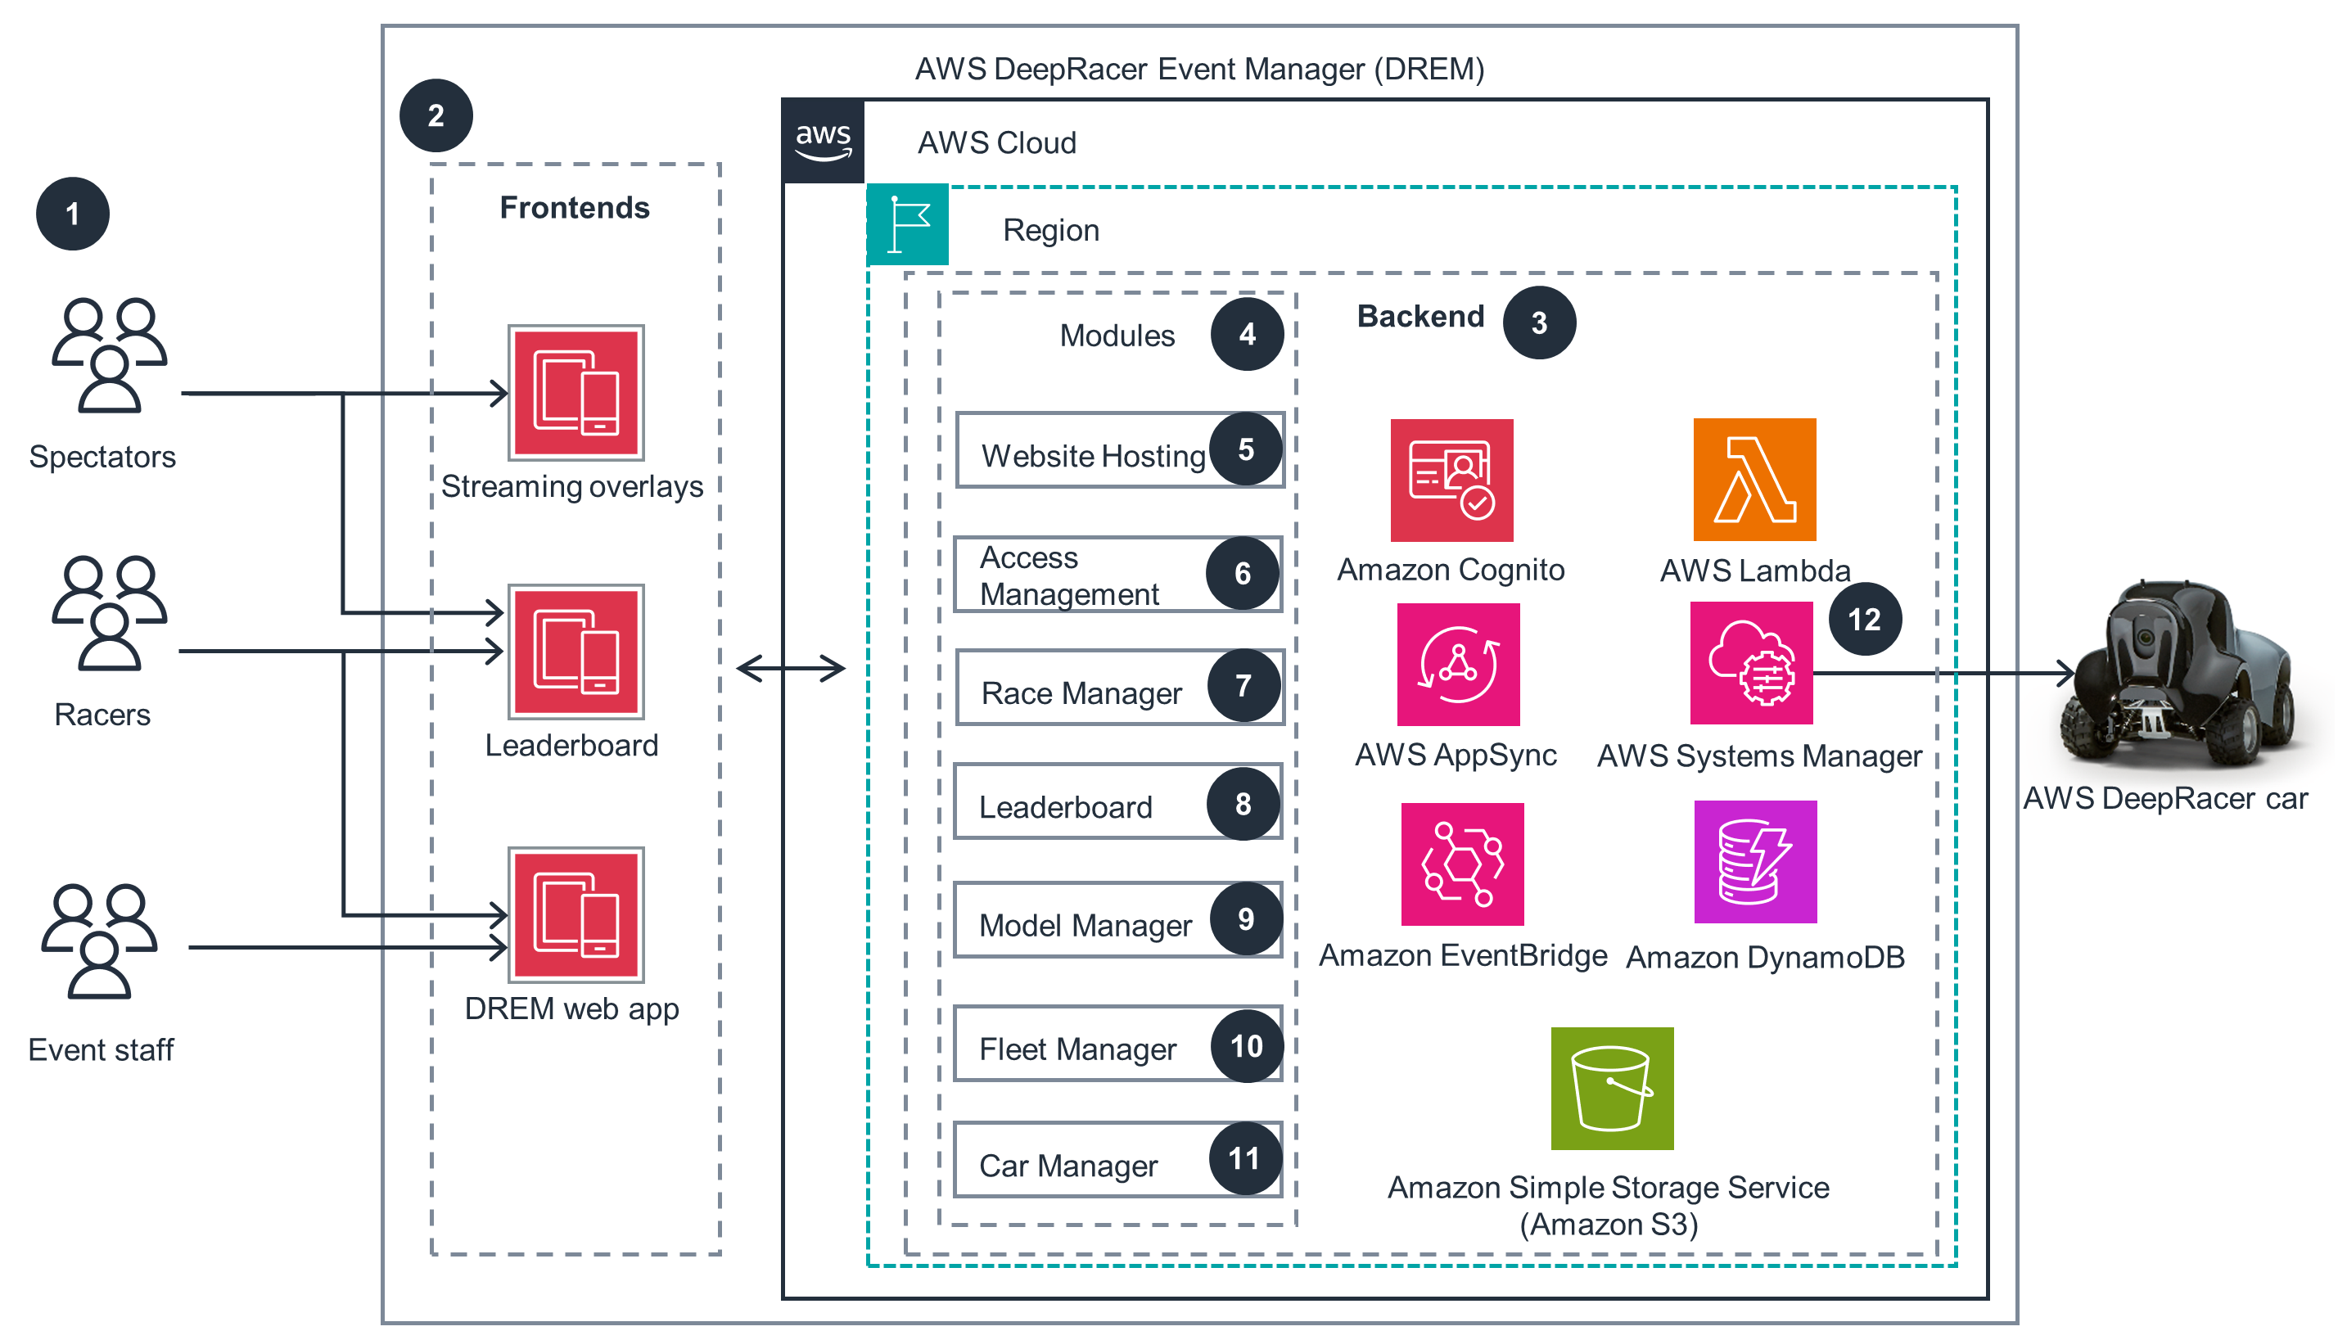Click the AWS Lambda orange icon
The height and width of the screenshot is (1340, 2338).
[1753, 480]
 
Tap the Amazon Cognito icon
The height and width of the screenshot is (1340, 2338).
[1451, 480]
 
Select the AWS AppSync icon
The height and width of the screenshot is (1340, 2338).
[1457, 665]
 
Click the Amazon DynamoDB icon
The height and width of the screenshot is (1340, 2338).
[1754, 862]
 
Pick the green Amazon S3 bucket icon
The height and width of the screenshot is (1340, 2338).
[1611, 1089]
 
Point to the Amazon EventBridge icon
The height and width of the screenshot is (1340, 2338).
[1461, 864]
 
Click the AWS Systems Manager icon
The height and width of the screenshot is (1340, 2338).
[1751, 664]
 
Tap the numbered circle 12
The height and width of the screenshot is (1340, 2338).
[1864, 620]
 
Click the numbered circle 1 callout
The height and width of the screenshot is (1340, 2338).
[73, 214]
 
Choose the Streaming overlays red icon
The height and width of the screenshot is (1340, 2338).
[576, 393]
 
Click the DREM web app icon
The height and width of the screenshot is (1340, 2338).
[576, 916]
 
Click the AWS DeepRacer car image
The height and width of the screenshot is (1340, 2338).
[2181, 676]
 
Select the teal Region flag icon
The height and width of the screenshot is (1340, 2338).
[907, 223]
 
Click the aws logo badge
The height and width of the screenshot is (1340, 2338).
[823, 141]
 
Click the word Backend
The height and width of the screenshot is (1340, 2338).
[1419, 317]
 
